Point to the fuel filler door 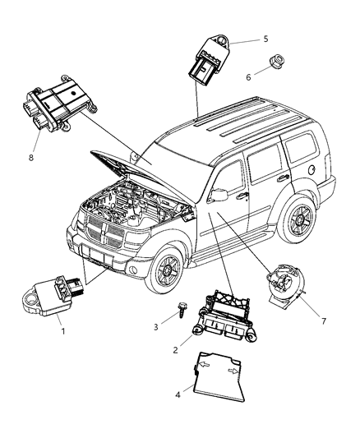click(x=315, y=170)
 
